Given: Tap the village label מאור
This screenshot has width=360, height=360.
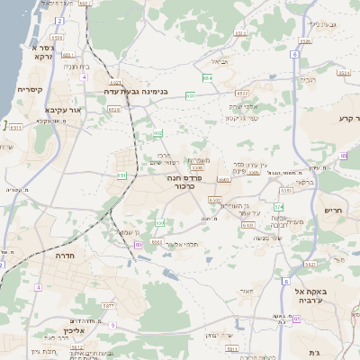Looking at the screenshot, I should pyautogui.click(x=247, y=290).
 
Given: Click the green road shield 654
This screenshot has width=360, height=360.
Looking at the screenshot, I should pyautogui.click(x=207, y=77).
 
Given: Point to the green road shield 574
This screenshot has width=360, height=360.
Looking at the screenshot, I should pyautogui.click(x=279, y=207).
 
